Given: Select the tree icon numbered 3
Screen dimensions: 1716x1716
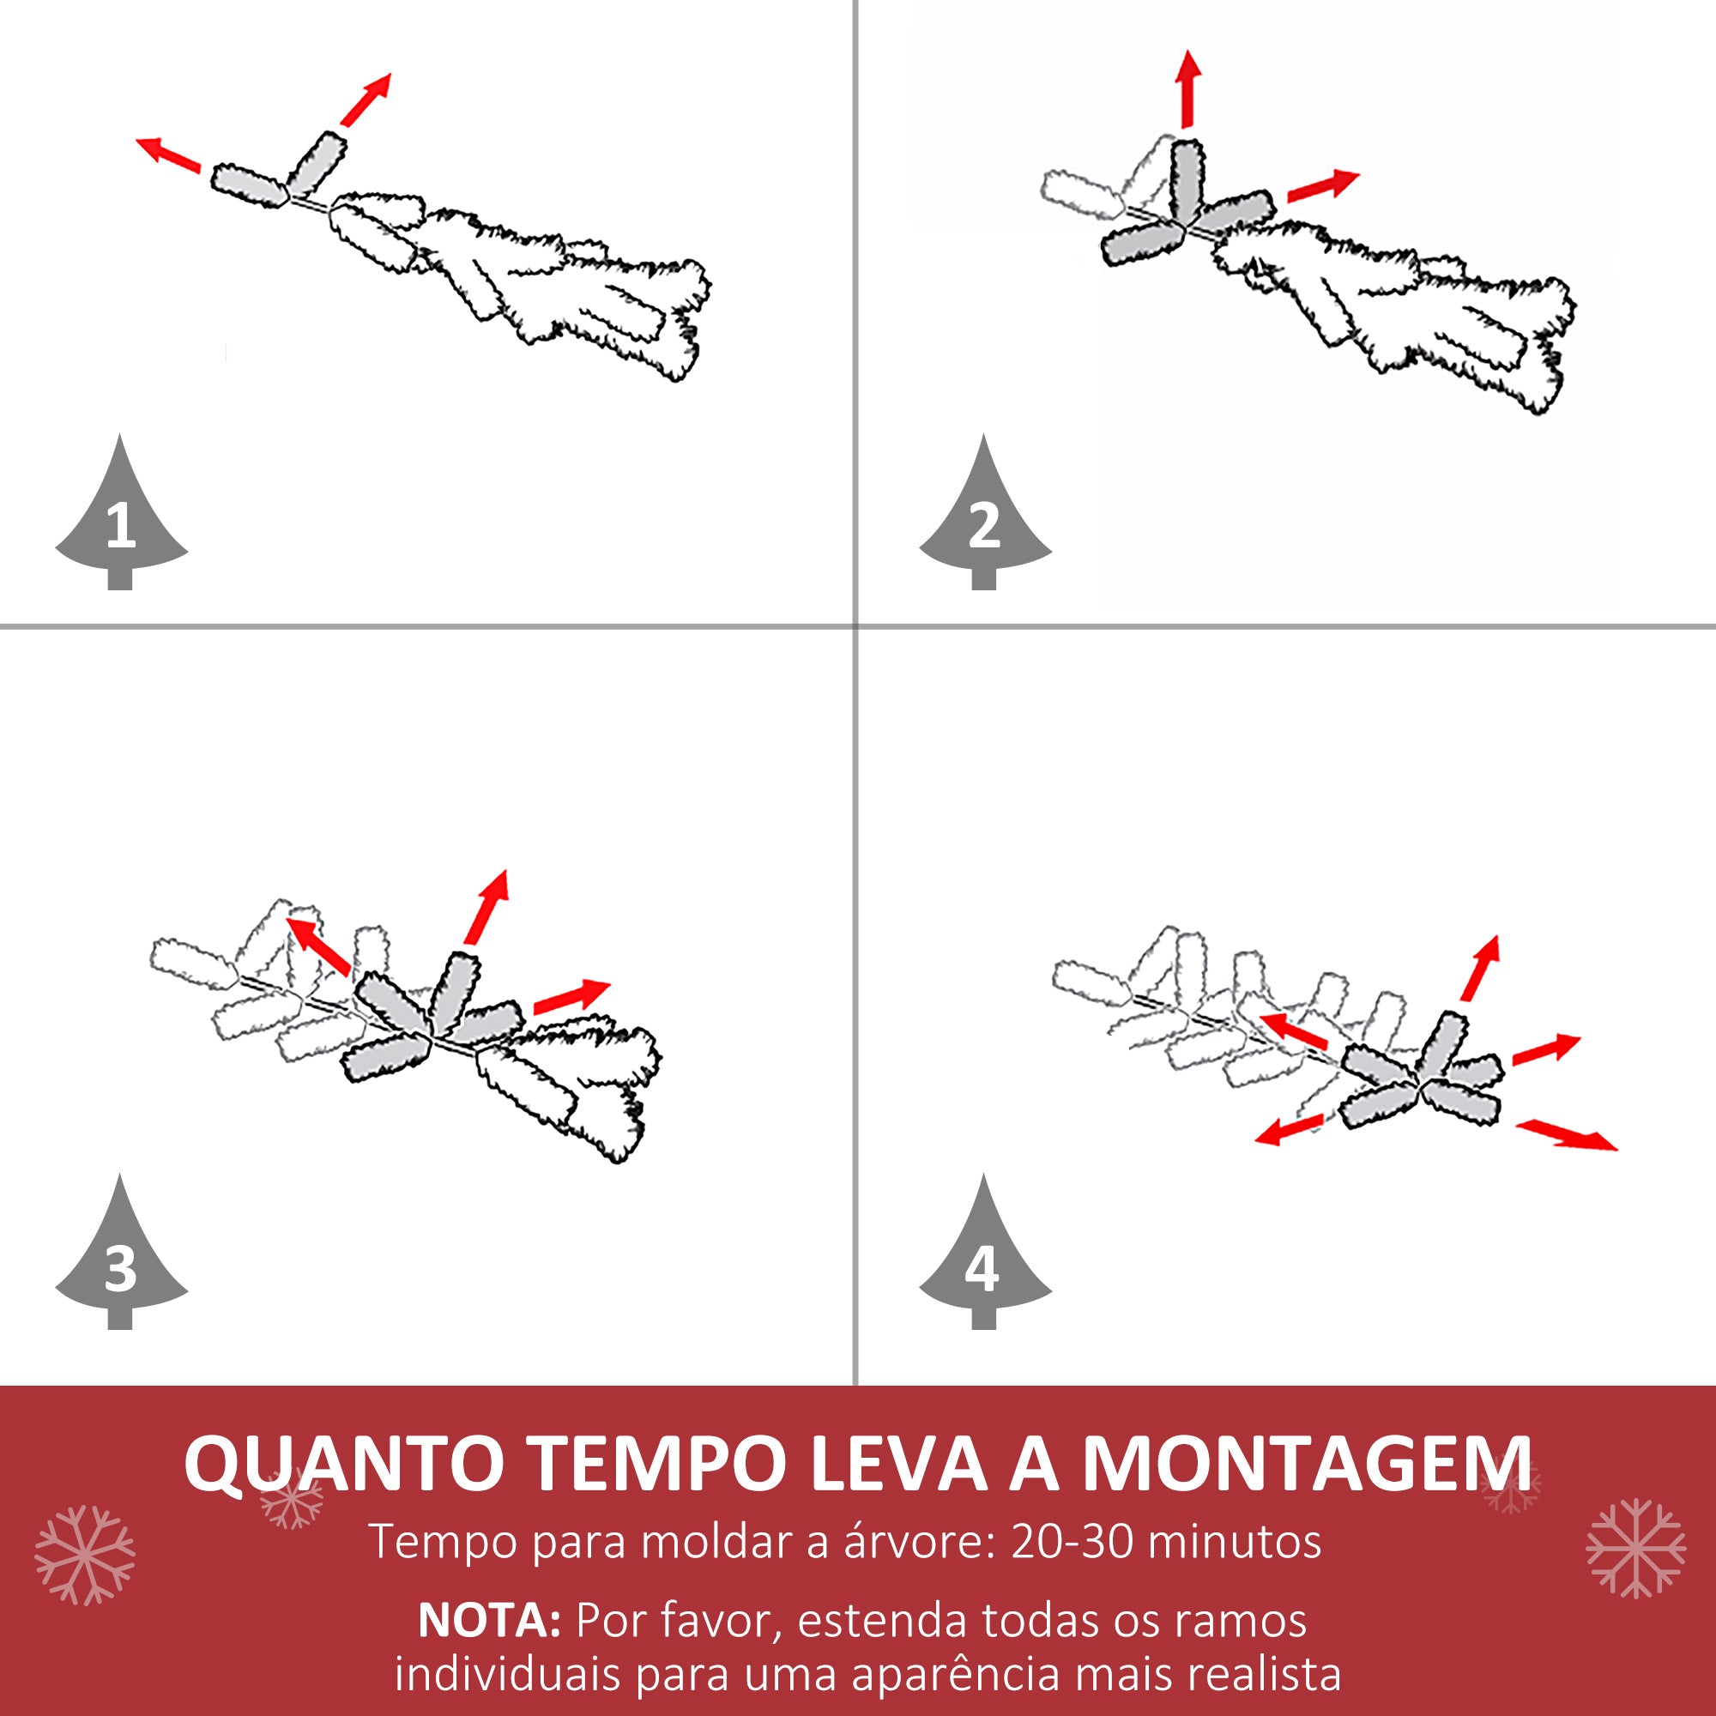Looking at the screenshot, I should click(121, 1261).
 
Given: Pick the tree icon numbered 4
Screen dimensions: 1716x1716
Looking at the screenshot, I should click(984, 1261).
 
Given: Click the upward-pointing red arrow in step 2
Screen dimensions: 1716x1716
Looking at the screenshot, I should click(1187, 89).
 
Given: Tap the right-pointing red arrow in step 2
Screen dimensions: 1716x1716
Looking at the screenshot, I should click(1323, 184).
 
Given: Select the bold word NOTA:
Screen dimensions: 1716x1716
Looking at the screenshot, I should click(489, 1620).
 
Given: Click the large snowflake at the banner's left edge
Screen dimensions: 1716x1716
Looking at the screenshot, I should click(84, 1556).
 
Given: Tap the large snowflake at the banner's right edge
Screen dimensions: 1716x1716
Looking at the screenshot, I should click(1635, 1548).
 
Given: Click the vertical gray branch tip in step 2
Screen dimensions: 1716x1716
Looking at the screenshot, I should click(1187, 182).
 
